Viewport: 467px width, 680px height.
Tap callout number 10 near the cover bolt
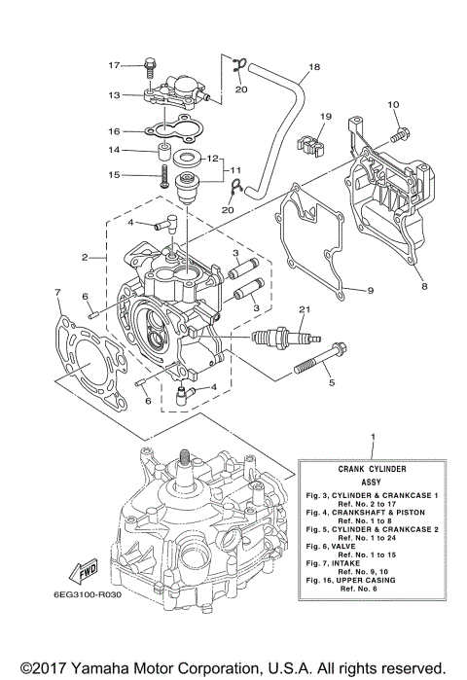(x=393, y=104)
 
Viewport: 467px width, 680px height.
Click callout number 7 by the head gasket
(x=58, y=292)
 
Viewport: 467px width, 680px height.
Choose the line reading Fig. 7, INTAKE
(x=358, y=561)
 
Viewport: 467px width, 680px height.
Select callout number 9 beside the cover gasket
(x=370, y=290)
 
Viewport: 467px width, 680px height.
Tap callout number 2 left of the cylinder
(x=87, y=258)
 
